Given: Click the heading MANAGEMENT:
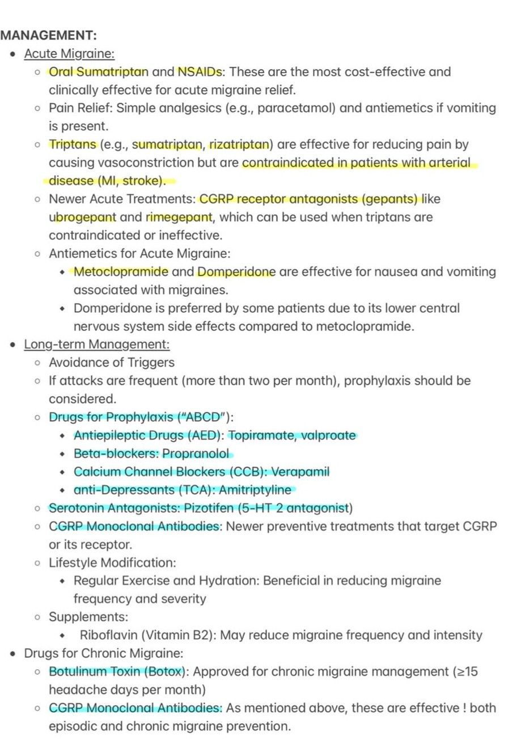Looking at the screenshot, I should tap(49, 35).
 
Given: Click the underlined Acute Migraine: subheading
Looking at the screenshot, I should tap(69, 54).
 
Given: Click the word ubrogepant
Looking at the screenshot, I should tap(82, 217).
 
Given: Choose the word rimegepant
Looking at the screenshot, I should tap(179, 217).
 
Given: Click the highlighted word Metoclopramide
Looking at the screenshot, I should tap(121, 271).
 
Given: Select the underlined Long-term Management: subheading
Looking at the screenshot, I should tap(97, 344).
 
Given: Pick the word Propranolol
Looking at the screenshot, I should tap(196, 453).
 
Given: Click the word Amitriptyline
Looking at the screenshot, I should tap(255, 490).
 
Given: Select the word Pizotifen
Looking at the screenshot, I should tap(182, 508).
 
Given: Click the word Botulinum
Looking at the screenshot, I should tap(76, 671).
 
